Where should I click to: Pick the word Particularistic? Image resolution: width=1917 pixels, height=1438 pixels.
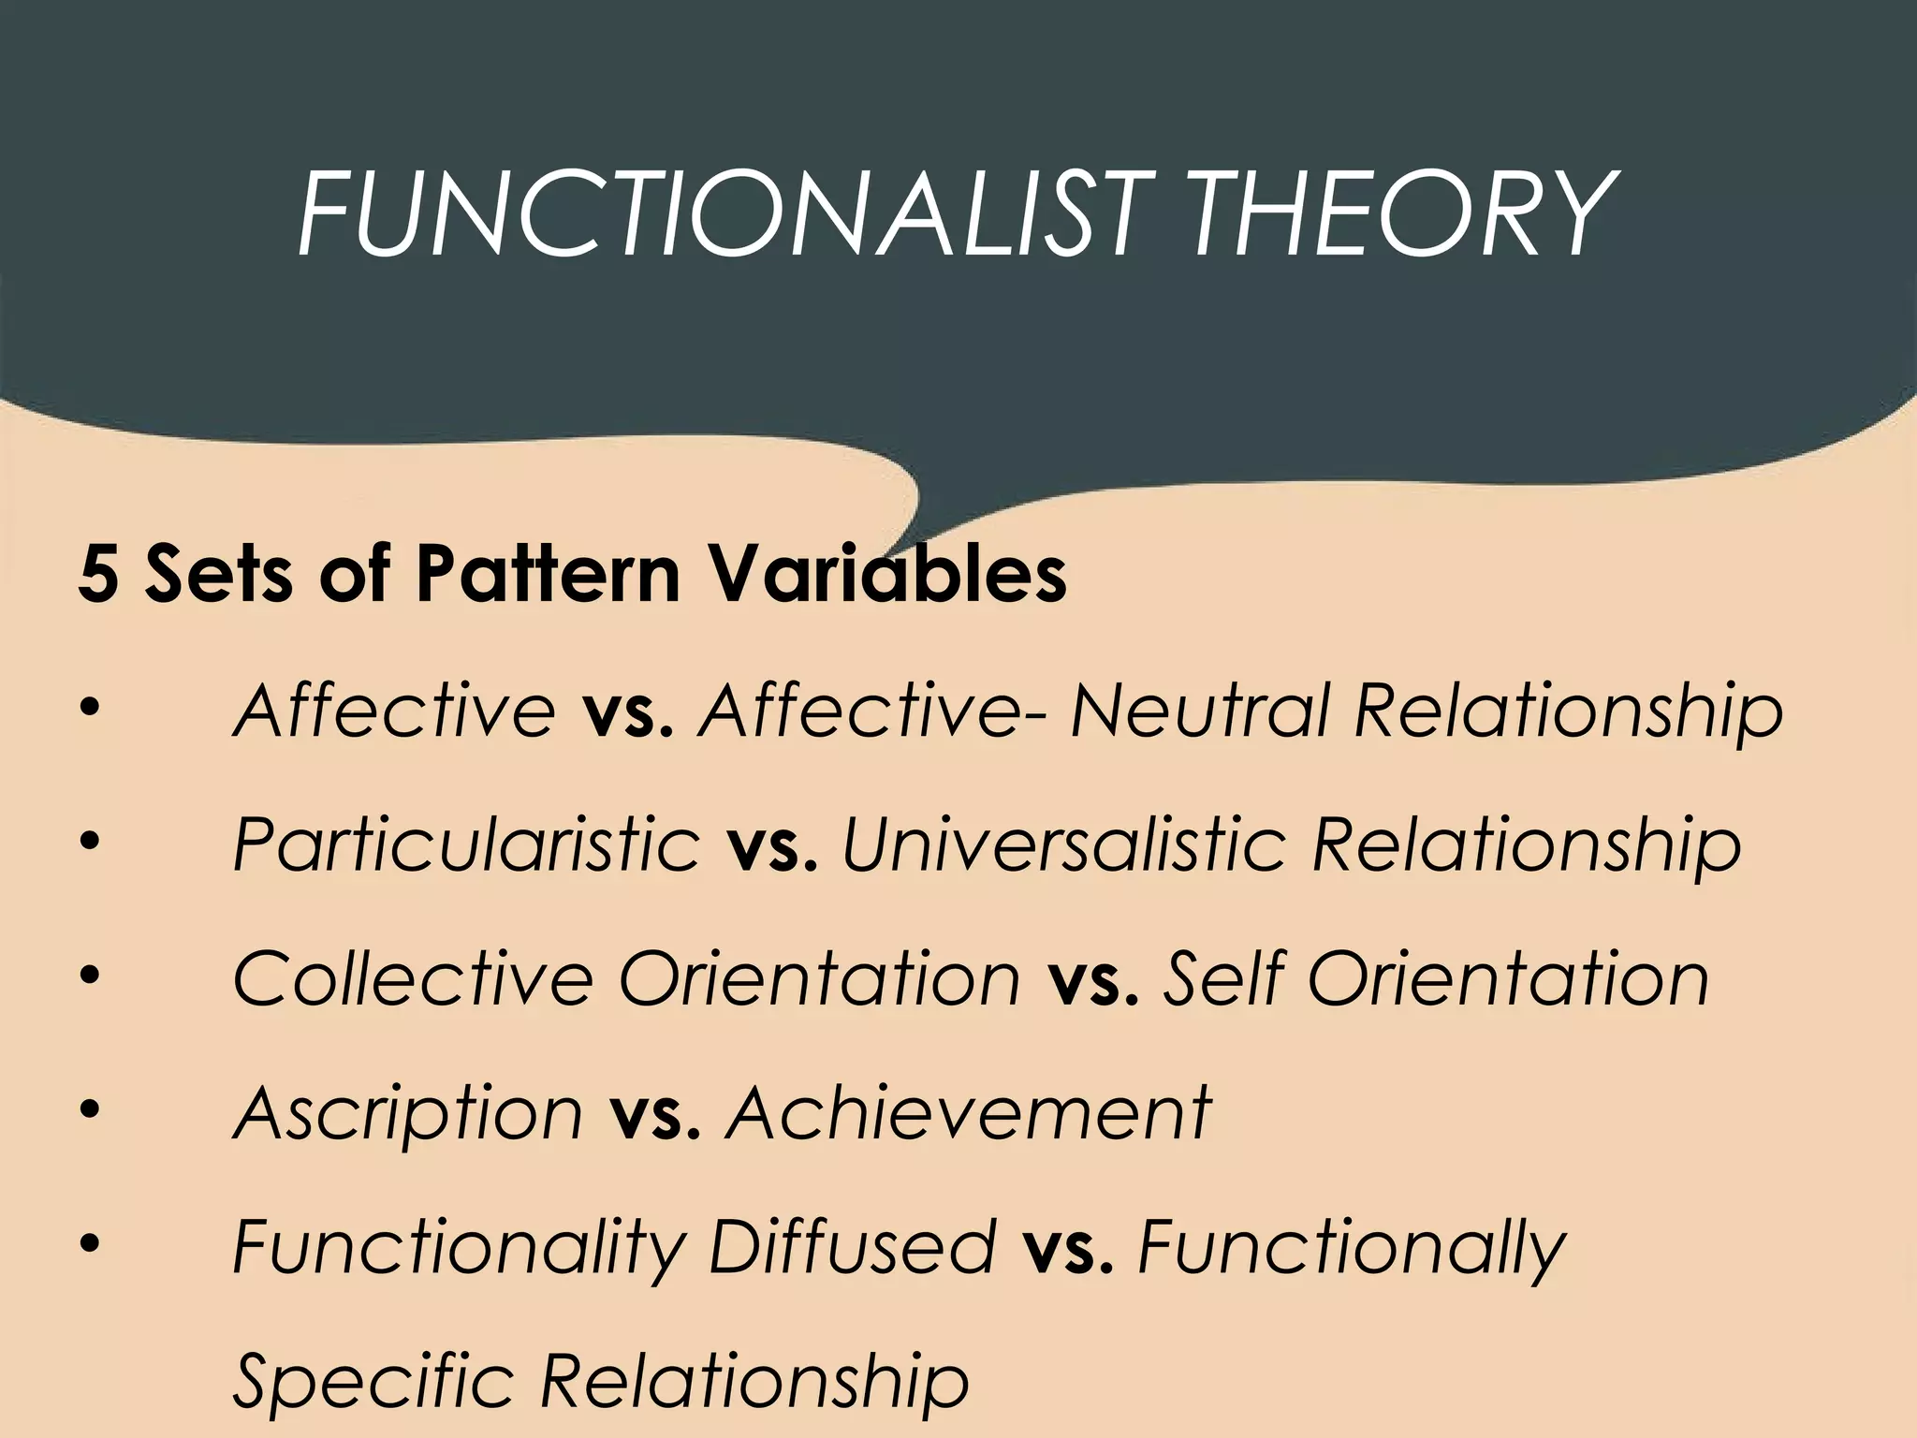466,845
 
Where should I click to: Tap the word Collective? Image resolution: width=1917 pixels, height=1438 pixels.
413,979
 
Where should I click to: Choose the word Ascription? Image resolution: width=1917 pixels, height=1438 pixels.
408,1114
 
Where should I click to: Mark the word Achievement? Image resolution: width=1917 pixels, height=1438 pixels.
968,1114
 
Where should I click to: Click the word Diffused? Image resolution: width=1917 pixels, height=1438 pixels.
852,1248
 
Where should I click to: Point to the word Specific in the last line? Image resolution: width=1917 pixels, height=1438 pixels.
373,1382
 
